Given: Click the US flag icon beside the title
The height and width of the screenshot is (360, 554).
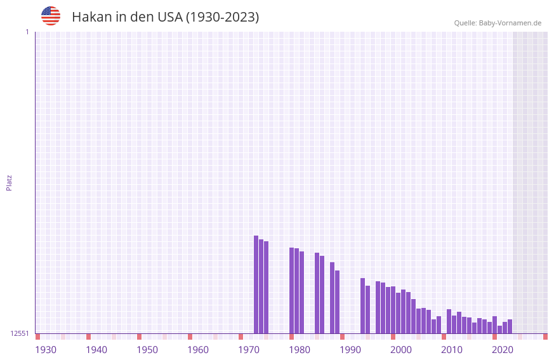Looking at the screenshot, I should click(51, 16).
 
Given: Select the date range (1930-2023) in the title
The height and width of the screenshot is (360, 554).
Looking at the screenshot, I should click(222, 17).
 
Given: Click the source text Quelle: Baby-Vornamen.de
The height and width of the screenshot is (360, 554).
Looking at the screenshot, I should click(498, 23).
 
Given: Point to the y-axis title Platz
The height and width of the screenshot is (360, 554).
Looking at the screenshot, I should click(9, 182).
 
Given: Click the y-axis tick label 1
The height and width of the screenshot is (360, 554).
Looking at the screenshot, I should click(27, 32).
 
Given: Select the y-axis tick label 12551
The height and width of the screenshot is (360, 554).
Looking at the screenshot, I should click(20, 333).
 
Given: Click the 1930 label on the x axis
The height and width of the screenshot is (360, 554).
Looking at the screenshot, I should click(46, 350).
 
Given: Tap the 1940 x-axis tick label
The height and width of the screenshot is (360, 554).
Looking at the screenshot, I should click(96, 350).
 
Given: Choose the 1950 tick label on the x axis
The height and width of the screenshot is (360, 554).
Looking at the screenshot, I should click(147, 350).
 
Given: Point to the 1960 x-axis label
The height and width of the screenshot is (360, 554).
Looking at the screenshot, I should click(198, 350).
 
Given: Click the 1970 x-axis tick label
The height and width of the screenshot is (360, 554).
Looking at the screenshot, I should click(249, 350).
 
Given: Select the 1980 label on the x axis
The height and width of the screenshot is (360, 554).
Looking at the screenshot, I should click(300, 350).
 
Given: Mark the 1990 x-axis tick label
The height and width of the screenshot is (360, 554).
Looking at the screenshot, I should click(350, 350).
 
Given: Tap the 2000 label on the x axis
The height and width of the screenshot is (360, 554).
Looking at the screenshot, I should click(401, 350).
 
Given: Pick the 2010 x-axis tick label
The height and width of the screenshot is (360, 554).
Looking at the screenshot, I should click(452, 350).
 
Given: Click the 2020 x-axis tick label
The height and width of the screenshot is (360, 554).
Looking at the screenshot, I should click(503, 350).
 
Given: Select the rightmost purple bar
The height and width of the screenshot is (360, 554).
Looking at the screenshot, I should click(510, 326).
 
